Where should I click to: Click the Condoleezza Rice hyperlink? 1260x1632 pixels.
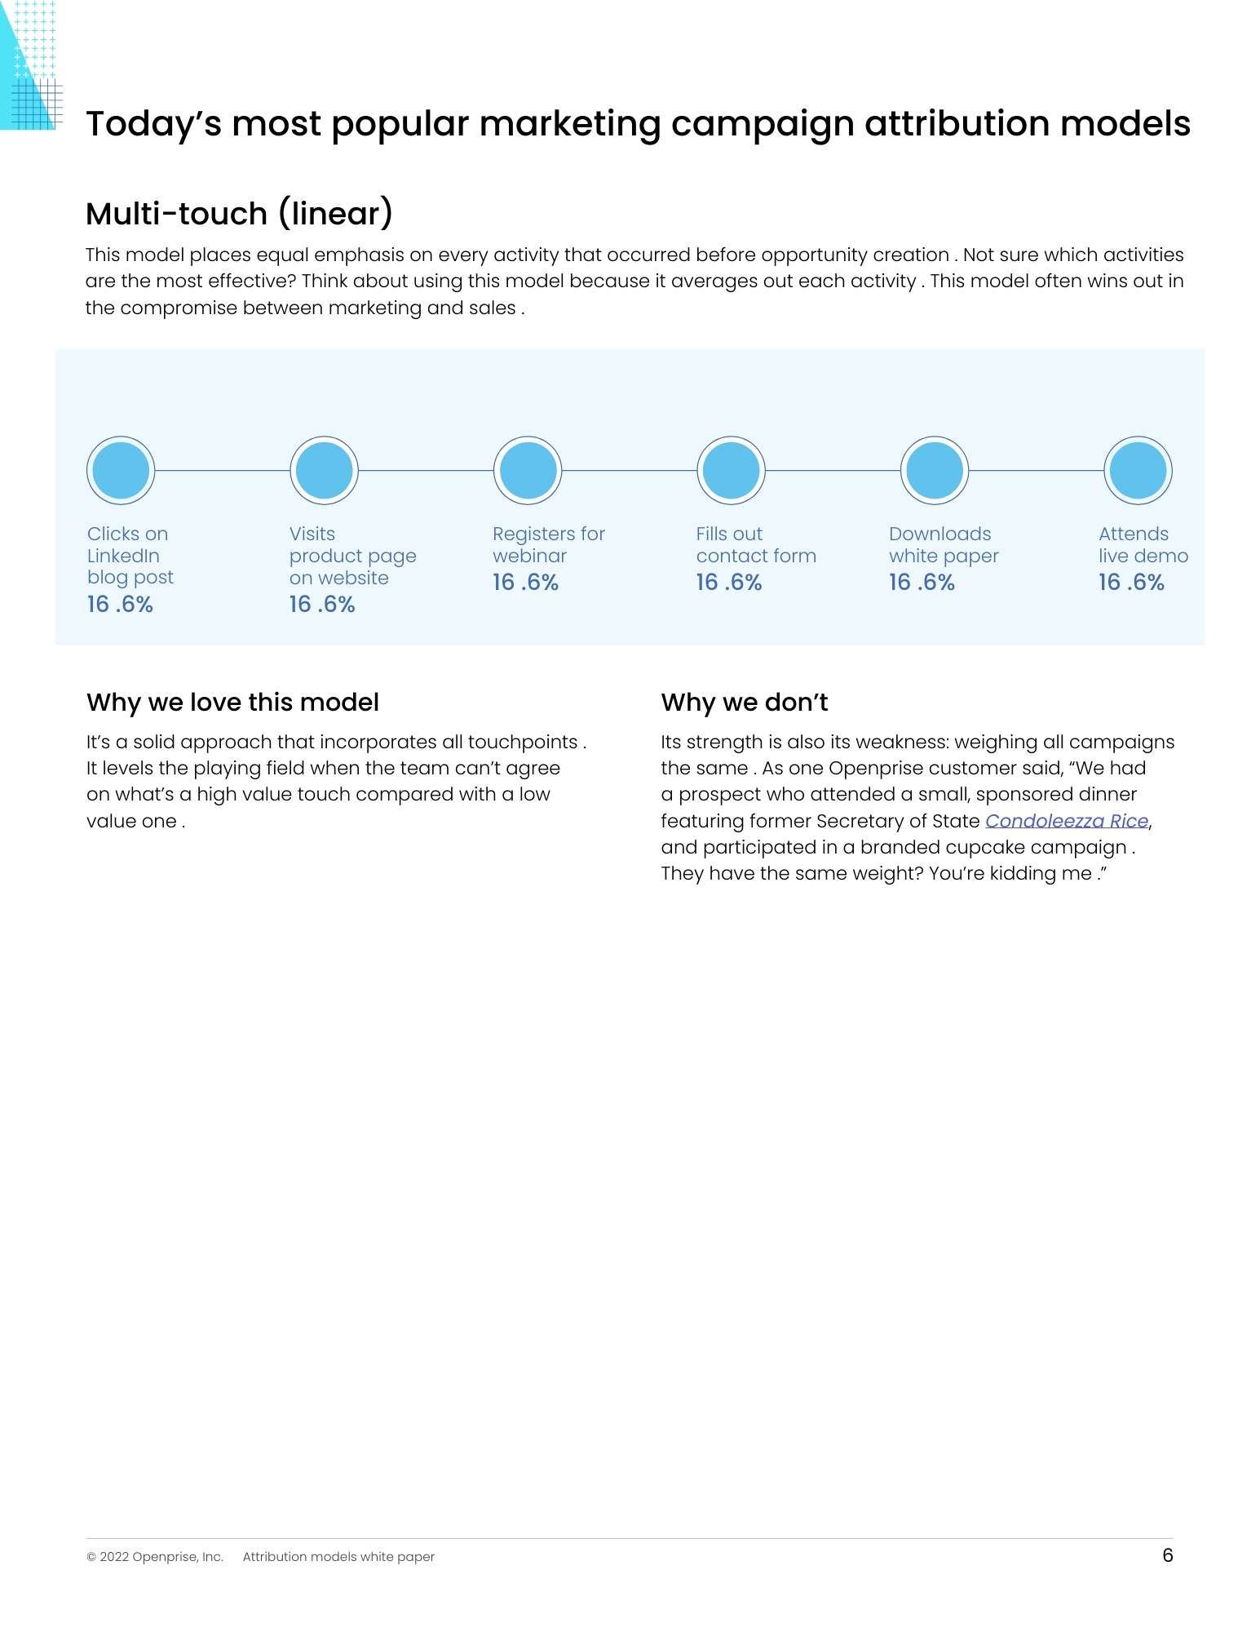pos(1066,821)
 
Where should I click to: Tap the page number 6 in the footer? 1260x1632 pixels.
pos(1167,1555)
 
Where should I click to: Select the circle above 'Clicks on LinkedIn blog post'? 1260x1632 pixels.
pos(121,470)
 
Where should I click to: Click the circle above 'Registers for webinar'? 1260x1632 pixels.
pos(528,470)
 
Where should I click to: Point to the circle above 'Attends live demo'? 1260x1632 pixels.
pos(1138,470)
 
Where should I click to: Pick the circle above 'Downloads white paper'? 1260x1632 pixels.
pos(935,470)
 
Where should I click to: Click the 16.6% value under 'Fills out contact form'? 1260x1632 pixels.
pos(728,582)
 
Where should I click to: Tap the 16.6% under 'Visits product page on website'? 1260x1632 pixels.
pos(322,604)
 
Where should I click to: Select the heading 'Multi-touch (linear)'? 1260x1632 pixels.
pos(240,214)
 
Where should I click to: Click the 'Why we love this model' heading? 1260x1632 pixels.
pos(232,702)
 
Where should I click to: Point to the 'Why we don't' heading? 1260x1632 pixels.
pos(744,702)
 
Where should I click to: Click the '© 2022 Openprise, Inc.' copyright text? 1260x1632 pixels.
pos(155,1557)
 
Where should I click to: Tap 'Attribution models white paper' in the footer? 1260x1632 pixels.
pos(338,1557)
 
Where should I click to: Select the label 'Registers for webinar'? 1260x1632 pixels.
pos(548,544)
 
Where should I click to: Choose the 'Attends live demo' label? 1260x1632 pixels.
pos(1143,544)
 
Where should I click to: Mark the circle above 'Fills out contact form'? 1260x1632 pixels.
pos(731,470)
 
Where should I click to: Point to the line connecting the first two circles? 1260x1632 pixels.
pos(222,470)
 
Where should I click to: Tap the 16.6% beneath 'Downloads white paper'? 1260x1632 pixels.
pos(922,582)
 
